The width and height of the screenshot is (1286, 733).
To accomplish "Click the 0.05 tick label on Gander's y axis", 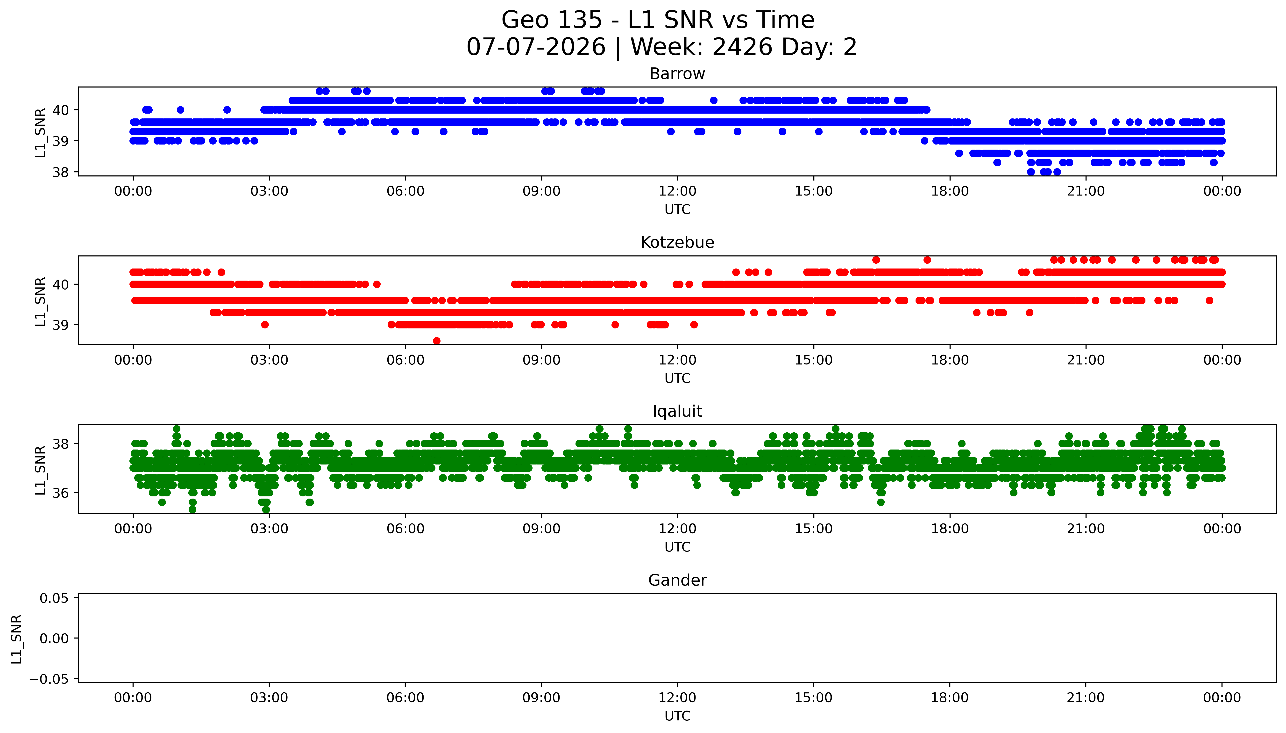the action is coord(54,598).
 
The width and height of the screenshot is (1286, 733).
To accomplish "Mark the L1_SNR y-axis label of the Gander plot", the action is coord(17,638).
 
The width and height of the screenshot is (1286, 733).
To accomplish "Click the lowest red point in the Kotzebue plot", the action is coord(437,341).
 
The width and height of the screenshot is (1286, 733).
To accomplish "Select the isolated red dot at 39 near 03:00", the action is coord(265,325).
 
